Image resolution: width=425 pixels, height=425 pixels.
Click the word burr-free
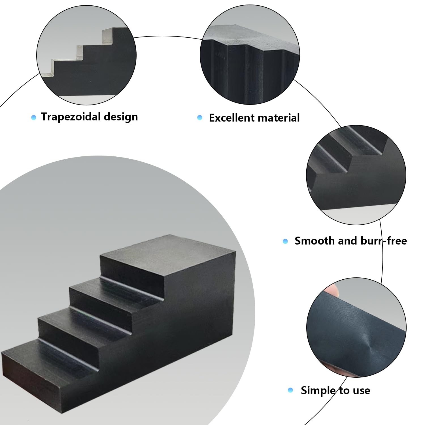384,241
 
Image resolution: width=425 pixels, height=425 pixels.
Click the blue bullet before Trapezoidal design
34,117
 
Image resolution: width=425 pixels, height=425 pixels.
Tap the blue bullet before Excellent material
200,117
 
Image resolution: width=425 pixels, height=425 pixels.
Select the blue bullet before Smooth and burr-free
285,241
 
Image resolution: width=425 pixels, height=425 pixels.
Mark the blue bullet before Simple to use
290,390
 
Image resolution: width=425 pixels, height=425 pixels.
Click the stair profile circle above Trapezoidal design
86,55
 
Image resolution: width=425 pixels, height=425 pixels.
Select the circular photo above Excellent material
250,55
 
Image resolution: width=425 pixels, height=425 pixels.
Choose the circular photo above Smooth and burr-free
356,175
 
